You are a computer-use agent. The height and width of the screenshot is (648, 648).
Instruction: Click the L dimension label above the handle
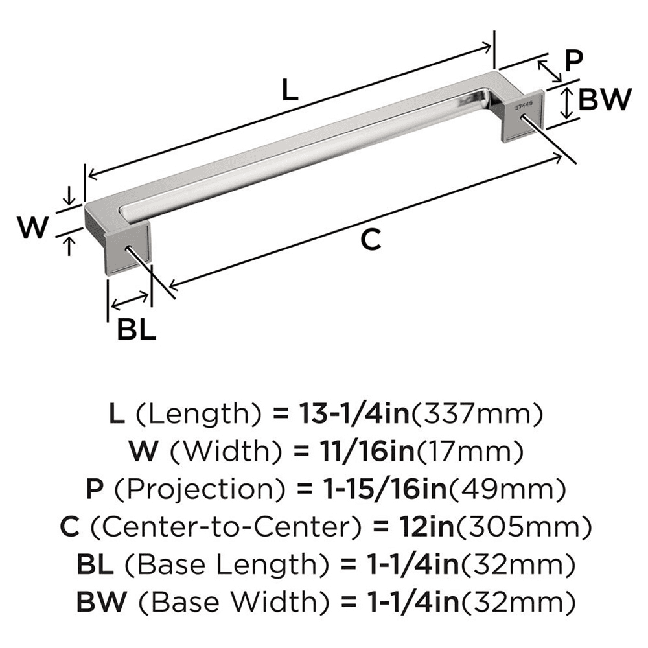[290, 91]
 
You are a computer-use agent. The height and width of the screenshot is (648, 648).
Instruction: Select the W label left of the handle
[32, 227]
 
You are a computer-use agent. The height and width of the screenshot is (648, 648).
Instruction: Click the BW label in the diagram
[603, 100]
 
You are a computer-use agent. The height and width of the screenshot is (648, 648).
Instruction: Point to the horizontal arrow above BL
[130, 301]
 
